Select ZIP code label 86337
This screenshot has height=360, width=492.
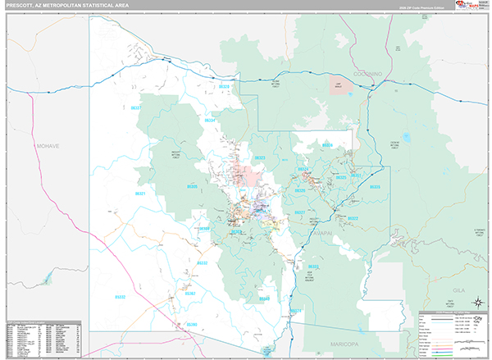137,107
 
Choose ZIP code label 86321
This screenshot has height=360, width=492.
140,194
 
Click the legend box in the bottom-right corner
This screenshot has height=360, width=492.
452,334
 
